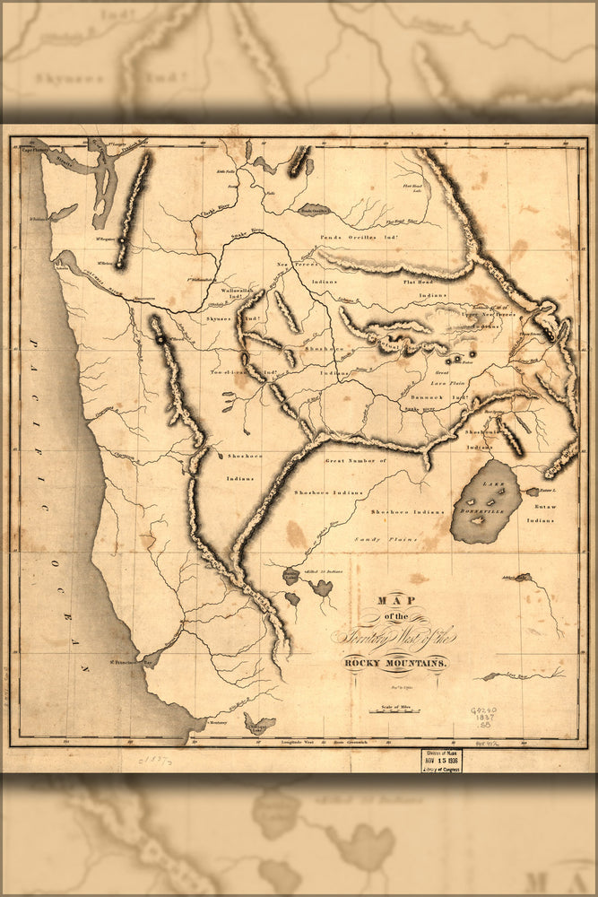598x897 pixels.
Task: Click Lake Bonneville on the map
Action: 485,502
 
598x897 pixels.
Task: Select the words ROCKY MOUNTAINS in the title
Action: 394,662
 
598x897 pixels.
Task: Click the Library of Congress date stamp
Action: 441,760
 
